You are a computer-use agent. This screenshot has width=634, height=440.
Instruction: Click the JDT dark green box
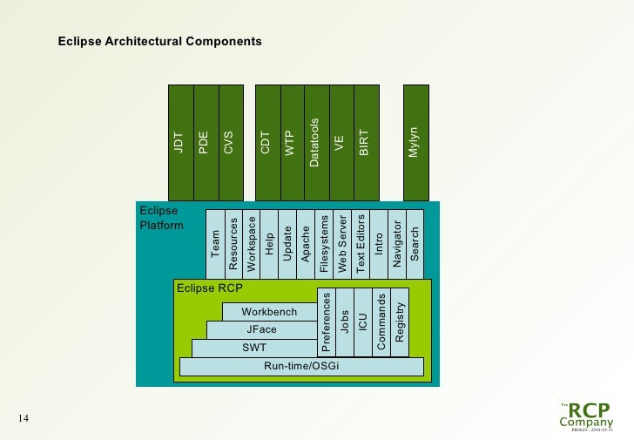(179, 141)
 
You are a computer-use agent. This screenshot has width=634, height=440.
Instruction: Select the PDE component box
(205, 141)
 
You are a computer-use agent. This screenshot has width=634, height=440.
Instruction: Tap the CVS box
(230, 141)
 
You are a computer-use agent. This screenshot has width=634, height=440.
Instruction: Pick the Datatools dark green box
(316, 141)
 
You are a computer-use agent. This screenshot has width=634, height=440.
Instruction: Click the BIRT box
(366, 141)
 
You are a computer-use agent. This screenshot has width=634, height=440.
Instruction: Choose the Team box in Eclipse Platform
(215, 243)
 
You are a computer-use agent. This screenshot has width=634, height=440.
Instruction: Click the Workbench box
(269, 311)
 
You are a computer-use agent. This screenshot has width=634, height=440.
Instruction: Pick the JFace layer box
(261, 329)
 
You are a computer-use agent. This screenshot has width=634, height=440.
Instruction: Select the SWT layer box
(254, 348)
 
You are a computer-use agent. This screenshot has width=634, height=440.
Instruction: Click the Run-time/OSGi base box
(301, 366)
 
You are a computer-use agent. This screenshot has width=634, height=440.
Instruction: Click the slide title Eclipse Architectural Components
(159, 41)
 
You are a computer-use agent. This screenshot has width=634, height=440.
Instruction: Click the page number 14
(24, 420)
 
